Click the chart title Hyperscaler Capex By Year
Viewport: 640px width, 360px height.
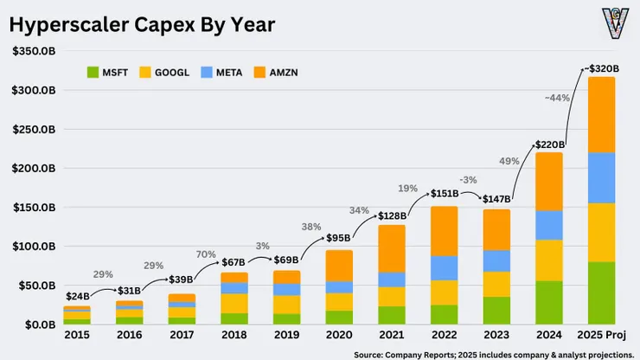pos(142,24)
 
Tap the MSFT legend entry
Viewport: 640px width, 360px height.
pos(107,73)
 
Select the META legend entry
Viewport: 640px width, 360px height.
pos(221,73)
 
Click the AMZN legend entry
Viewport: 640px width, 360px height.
pos(276,73)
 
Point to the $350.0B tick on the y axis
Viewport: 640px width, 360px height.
pos(34,51)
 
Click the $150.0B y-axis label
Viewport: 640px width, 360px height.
pos(34,208)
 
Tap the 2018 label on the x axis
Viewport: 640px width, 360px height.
pos(234,335)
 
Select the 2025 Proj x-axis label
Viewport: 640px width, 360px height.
pos(601,335)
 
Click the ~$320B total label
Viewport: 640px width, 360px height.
pos(602,68)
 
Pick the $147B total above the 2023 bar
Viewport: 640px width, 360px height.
pos(496,199)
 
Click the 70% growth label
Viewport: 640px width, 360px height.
pos(206,254)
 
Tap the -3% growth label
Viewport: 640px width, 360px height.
pos(468,180)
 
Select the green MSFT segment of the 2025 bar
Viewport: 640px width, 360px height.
pos(601,293)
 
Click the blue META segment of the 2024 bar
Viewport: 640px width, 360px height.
pos(549,226)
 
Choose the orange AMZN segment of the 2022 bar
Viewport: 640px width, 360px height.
pos(444,231)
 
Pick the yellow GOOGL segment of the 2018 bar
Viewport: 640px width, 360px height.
pos(234,304)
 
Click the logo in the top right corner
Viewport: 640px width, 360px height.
pos(616,23)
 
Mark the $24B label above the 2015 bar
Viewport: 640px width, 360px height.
pos(78,296)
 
